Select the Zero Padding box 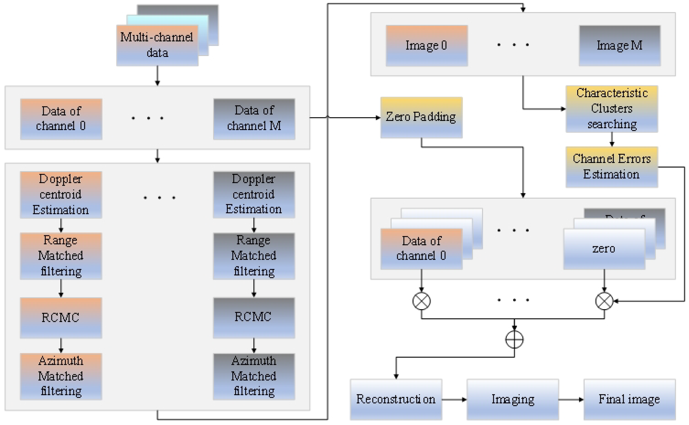coord(421,117)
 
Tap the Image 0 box coord(426,45)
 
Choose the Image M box coord(619,45)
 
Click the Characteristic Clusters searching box coord(611,109)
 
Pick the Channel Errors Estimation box coord(611,167)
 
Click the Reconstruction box coord(396,399)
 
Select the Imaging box coord(512,399)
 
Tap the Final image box coord(629,399)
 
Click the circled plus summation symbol coord(514,340)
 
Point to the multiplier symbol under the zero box coord(604,301)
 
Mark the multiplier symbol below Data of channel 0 coord(421,301)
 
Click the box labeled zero coord(604,249)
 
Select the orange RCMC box coord(61,318)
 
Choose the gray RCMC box coord(254,318)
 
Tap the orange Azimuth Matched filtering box coord(61,376)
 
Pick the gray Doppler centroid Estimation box coord(254,195)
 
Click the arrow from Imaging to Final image coord(571,400)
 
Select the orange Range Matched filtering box coord(61,256)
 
